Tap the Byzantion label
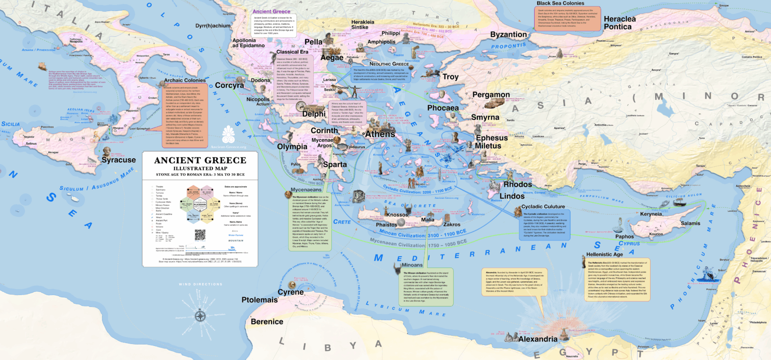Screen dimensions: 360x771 (508, 35)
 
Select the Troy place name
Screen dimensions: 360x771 (450, 77)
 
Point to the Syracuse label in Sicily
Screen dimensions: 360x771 (118, 160)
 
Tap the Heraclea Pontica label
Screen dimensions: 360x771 (626, 23)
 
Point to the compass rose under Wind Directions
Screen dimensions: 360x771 (200, 316)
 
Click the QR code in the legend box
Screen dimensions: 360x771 (200, 235)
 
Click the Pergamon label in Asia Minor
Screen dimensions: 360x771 (490, 94)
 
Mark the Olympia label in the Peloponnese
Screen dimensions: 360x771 (292, 147)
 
